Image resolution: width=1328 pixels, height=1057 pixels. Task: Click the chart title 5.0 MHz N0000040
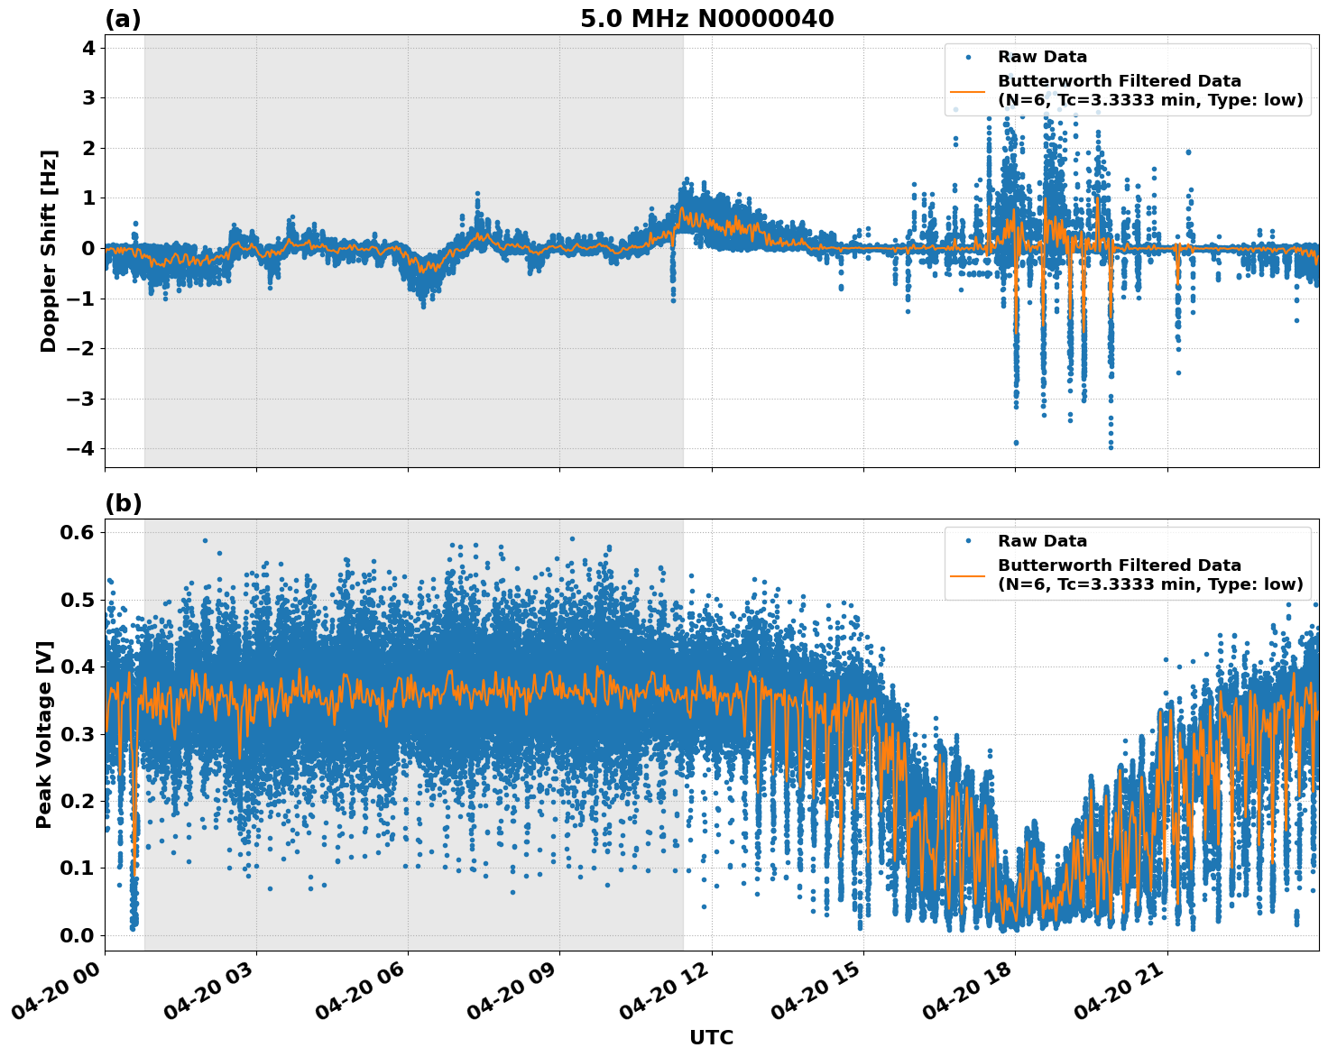706,19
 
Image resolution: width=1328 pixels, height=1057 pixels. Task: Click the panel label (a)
123,19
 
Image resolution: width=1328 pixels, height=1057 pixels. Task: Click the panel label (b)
124,503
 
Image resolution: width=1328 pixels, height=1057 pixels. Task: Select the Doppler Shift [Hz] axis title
49,251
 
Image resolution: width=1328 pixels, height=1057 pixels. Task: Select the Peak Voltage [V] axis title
44,734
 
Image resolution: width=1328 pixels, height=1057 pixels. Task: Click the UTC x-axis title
711,1037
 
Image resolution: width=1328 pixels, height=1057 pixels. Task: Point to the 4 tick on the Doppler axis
88,47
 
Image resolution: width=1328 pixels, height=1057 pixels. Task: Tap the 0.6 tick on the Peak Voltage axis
77,532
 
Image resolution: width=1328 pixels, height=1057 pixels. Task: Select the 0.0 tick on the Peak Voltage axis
77,935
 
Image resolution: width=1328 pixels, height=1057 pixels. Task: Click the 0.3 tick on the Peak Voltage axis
77,734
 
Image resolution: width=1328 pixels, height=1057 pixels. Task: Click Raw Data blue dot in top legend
968,57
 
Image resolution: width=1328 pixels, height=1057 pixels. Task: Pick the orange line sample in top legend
968,90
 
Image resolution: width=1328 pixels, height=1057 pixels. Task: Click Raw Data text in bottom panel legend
1042,541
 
